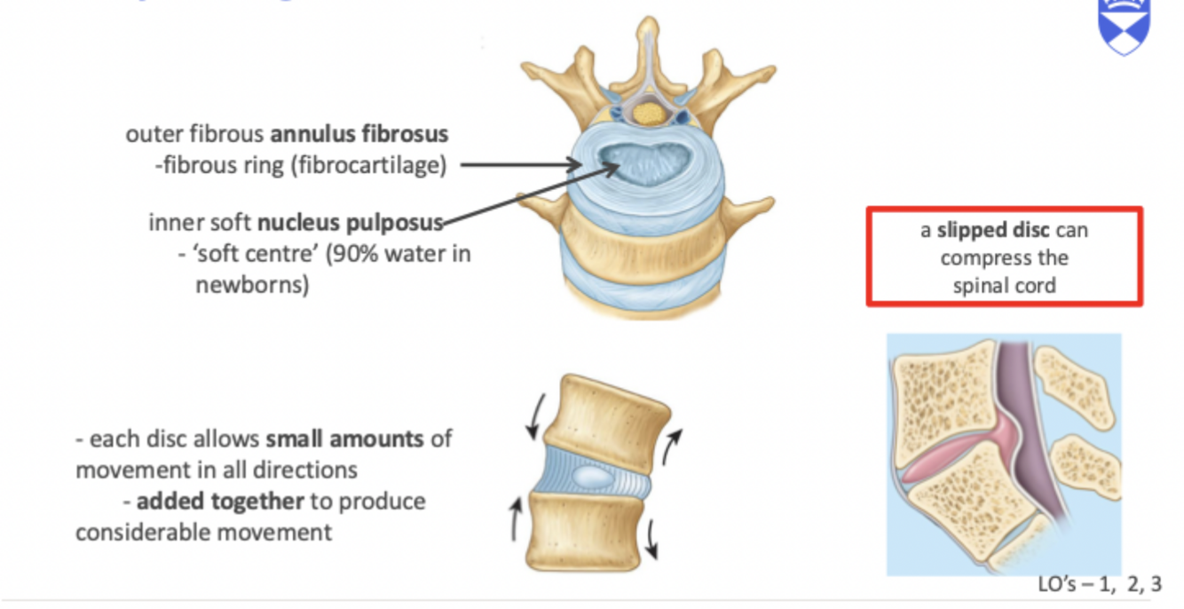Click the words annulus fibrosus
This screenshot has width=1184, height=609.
pos(359,135)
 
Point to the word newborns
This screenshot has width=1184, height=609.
pos(252,286)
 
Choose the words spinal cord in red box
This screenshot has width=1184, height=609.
pos(1004,286)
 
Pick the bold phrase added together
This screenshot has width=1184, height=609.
pos(219,502)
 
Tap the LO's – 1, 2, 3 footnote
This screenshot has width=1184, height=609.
pos(1099,584)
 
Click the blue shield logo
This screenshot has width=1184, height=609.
pos(1124,24)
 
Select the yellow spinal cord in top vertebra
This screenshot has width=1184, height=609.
pos(652,113)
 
